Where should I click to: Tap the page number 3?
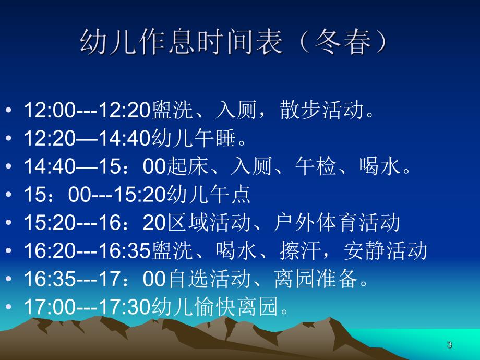tap(449, 345)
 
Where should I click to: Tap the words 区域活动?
tap(207, 223)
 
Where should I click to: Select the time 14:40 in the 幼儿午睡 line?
tap(125, 138)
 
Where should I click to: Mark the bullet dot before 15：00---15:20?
tap(9, 195)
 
